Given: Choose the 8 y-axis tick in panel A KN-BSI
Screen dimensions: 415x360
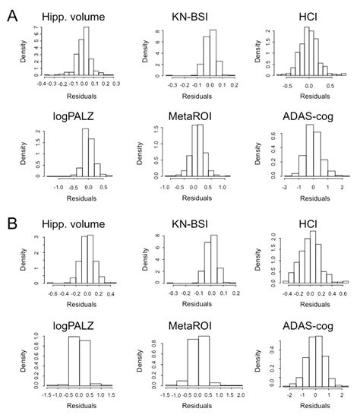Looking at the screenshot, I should [x=156, y=33].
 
